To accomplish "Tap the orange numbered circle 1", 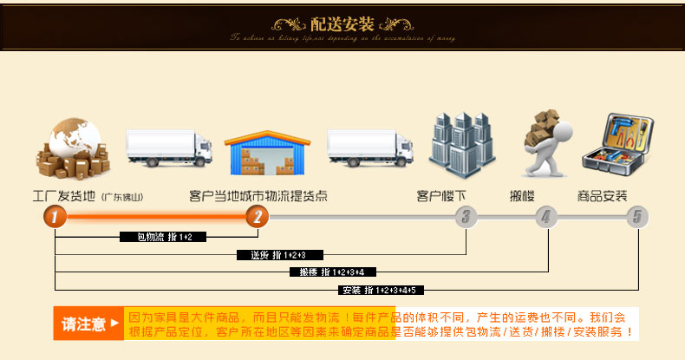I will [x=55, y=217].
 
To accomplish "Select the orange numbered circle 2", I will [x=257, y=217].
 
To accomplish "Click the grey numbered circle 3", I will [x=466, y=217].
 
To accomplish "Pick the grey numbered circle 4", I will [x=545, y=217].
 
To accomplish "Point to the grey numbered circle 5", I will [x=637, y=217].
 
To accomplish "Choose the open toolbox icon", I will [x=616, y=148].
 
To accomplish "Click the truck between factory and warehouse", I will [x=169, y=147].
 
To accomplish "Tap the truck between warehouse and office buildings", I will [x=370, y=147].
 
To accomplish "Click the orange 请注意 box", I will [x=88, y=324].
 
